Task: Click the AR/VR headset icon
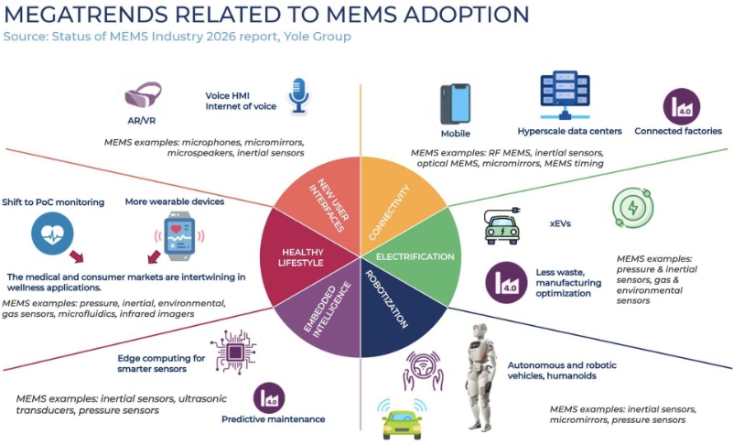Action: click(143, 94)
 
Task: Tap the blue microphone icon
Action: click(298, 96)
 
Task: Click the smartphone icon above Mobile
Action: click(456, 104)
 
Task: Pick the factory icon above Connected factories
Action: click(682, 107)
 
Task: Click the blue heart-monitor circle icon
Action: click(52, 233)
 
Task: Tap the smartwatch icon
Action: click(179, 236)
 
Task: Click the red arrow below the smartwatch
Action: click(154, 257)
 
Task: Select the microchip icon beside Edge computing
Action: click(233, 352)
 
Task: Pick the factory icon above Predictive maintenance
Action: click(269, 398)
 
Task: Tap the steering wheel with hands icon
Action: click(424, 371)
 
